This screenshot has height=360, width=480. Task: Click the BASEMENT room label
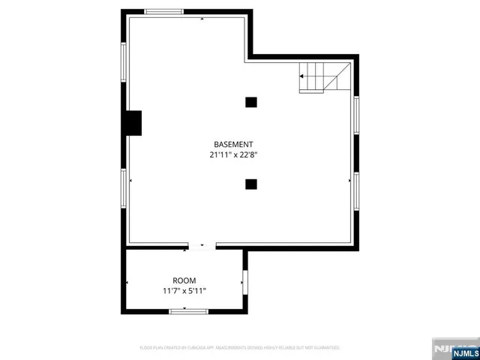pos(233,144)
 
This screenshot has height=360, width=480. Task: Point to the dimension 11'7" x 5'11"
pos(184,290)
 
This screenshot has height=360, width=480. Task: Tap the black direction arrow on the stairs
pos(303,76)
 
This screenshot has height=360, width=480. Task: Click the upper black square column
pos(251,102)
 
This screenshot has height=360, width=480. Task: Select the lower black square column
pos(251,184)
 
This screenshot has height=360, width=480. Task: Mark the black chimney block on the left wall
pos(133,123)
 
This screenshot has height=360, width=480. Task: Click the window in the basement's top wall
pos(164,12)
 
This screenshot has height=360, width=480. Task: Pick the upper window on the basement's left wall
pos(124,61)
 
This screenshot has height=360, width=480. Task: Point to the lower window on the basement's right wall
pos(356,190)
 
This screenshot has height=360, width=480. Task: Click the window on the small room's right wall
pos(244,283)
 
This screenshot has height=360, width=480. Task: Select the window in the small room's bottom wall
pos(188,310)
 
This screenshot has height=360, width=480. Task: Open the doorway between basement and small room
pos(202,244)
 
